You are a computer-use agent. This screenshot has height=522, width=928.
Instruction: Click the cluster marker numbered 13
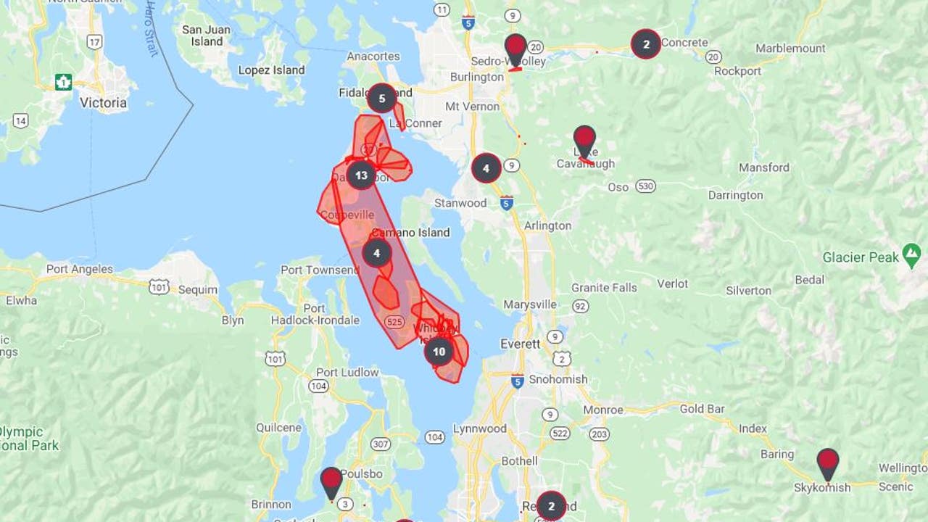[x=361, y=175]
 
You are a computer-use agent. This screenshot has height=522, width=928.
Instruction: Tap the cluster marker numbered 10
[x=439, y=352]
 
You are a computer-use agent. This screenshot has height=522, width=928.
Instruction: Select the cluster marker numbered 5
[x=382, y=98]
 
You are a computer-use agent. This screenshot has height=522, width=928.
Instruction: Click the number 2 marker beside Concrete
[x=646, y=43]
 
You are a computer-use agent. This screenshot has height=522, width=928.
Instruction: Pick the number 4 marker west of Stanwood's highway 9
[x=486, y=168]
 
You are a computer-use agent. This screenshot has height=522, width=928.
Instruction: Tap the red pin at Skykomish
[x=827, y=463]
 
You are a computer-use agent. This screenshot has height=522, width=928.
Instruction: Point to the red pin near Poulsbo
[x=331, y=481]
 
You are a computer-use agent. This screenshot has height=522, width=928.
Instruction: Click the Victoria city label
[x=103, y=103]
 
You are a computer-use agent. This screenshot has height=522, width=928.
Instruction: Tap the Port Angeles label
[x=80, y=269]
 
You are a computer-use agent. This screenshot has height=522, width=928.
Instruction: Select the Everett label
[x=521, y=344]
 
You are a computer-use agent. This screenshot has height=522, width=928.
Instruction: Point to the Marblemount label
[x=790, y=49]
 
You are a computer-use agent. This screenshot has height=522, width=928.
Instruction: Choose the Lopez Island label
[x=271, y=70]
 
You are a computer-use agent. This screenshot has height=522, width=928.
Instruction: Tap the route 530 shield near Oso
[x=645, y=186]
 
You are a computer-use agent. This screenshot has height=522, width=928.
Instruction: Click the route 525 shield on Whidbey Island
[x=395, y=321]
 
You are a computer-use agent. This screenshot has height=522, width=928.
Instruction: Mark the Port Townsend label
[x=320, y=270]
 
